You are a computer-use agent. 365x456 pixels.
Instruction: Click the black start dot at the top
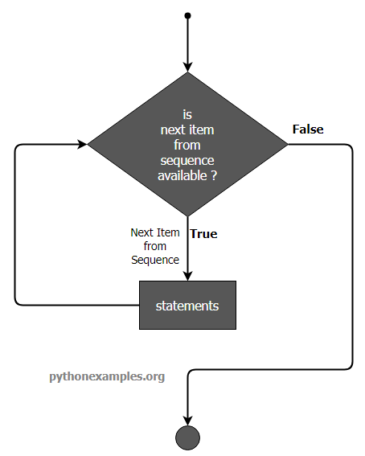(188, 15)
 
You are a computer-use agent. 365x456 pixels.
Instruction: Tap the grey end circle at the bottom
(188, 438)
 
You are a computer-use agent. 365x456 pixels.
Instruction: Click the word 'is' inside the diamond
(187, 114)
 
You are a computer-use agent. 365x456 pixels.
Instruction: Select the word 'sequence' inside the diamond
(187, 161)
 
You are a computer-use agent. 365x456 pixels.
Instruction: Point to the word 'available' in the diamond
(182, 175)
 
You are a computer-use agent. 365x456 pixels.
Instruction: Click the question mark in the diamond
(214, 175)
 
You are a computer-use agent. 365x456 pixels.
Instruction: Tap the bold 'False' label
(308, 129)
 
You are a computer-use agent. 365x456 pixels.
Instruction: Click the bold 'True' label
(203, 234)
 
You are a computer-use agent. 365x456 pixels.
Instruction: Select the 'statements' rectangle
(188, 305)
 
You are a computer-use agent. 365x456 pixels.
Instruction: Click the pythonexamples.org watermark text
(107, 377)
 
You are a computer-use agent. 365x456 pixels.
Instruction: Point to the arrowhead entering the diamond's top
(188, 68)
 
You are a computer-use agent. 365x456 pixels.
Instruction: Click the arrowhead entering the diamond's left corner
(82, 144)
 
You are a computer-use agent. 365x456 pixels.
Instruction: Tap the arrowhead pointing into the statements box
(188, 276)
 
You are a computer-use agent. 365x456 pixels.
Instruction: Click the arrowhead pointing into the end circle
(188, 421)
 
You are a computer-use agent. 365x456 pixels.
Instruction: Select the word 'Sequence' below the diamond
(155, 260)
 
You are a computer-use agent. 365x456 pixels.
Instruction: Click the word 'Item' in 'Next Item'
(168, 232)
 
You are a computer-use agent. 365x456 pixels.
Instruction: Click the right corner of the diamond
(288, 144)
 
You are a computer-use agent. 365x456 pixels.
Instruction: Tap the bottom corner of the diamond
(188, 216)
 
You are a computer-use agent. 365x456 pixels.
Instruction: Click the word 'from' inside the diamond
(187, 145)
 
